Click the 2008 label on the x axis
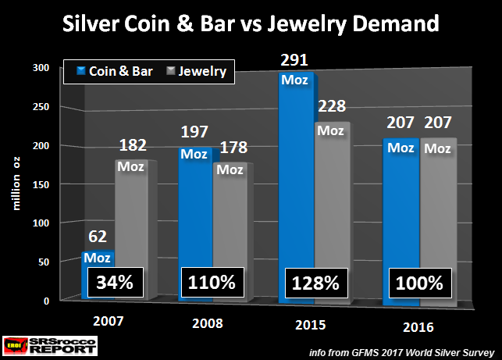point(208,323)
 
